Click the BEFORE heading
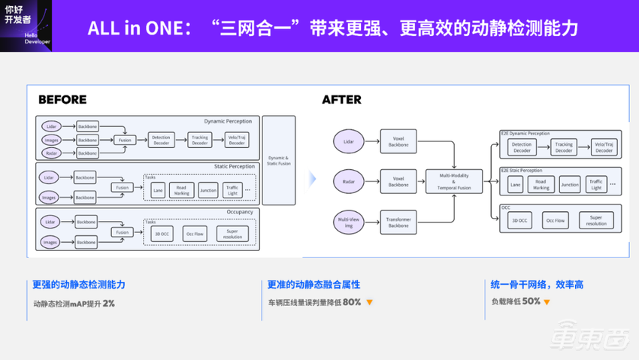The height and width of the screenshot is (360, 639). [x=62, y=99]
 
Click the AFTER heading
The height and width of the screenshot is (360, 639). [x=341, y=99]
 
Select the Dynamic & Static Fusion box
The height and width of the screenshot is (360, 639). [x=277, y=159]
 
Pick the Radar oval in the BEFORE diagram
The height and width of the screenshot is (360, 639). [x=51, y=153]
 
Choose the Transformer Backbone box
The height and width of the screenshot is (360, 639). [x=398, y=221]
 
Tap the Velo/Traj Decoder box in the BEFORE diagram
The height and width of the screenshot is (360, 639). [x=237, y=140]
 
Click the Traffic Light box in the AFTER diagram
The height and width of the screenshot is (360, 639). [x=595, y=184]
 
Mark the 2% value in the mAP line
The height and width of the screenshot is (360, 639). [x=108, y=303]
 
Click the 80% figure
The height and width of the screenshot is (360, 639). [x=351, y=302]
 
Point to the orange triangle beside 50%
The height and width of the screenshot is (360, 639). [x=547, y=302]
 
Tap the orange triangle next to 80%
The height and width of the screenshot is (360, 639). [x=369, y=302]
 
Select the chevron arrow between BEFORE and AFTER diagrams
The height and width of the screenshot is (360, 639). [x=313, y=179]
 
